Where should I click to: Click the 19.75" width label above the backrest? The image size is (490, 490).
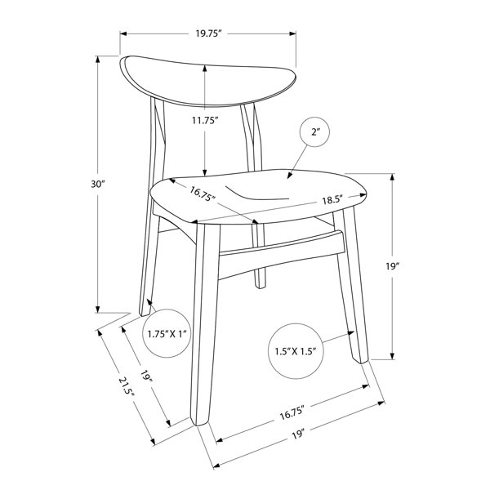[x=208, y=33]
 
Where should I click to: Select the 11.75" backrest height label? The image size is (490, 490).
[x=204, y=120]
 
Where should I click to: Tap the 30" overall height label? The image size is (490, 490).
[x=97, y=184]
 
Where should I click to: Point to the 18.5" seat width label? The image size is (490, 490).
[x=333, y=200]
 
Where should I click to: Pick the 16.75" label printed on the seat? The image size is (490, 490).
[x=203, y=194]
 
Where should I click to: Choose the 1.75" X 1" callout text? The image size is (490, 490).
[x=167, y=334]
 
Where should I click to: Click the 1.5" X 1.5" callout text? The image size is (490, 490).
[x=296, y=351]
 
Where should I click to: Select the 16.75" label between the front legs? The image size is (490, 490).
[x=292, y=413]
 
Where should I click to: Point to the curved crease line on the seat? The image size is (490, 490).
[x=257, y=194]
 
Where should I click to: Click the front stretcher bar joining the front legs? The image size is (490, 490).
[x=281, y=254]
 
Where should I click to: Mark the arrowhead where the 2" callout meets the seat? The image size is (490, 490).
[x=290, y=176]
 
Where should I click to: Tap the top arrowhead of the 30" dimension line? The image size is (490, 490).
[x=98, y=59]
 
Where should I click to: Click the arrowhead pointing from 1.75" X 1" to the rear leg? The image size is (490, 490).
[x=149, y=302]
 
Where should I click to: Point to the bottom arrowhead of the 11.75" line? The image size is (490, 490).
[x=205, y=173]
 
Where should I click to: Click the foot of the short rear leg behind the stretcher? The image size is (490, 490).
[x=260, y=286]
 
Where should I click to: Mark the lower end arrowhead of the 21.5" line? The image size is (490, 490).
[x=154, y=442]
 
